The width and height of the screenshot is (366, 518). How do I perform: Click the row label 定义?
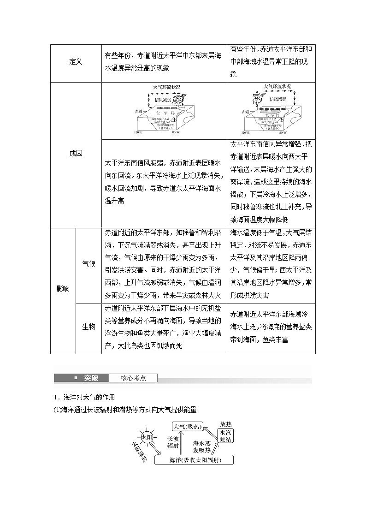coord(76,61)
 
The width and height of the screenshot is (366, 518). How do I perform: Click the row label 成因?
coord(76,154)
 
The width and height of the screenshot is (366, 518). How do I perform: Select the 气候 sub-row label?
coord(89,263)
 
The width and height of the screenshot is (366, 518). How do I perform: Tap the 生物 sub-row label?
coord(89,327)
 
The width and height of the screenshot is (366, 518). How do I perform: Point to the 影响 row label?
coord(63,289)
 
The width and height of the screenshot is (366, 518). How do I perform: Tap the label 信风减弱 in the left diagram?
coord(162,99)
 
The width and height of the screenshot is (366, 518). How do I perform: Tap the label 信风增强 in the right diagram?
coord(278,99)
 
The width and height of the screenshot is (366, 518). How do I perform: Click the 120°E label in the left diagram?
coord(138,133)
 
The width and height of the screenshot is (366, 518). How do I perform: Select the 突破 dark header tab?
coord(90,378)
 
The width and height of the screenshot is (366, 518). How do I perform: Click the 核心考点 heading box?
coord(133,378)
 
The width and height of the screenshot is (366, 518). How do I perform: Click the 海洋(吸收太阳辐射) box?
coord(194,460)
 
